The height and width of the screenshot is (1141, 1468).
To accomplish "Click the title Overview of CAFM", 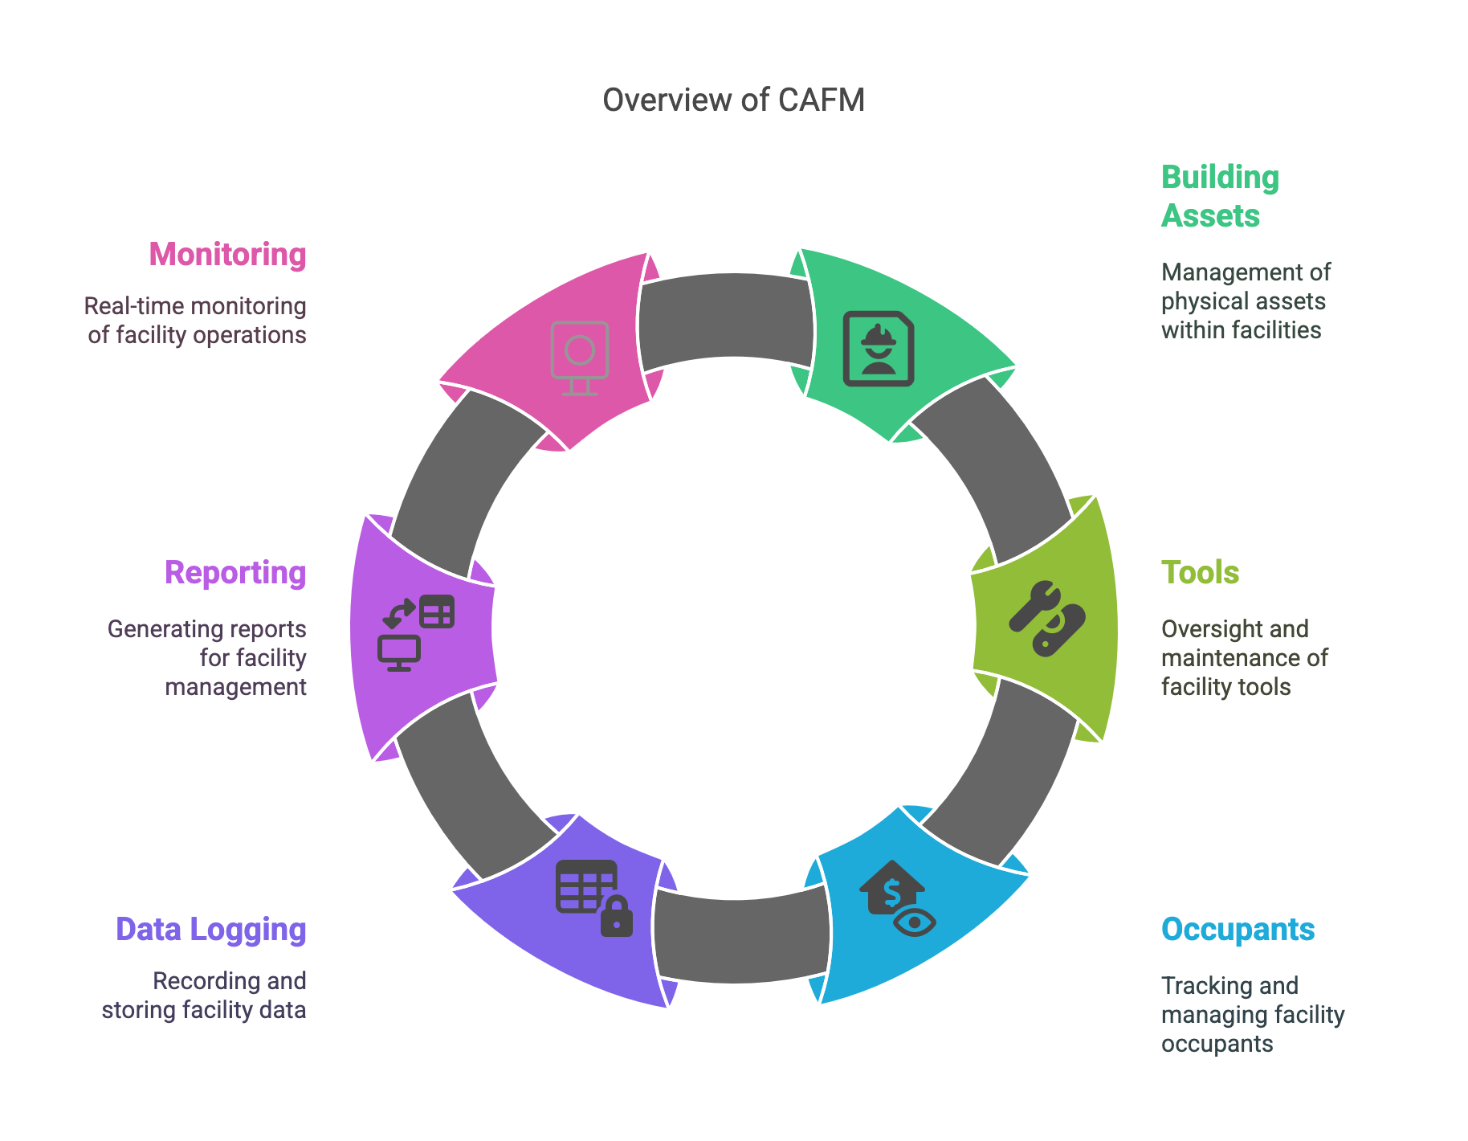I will (733, 100).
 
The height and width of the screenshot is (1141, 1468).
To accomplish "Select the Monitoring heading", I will (227, 255).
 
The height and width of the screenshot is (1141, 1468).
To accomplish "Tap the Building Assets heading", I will (1219, 196).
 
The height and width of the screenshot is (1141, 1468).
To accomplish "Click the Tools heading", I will (1200, 573).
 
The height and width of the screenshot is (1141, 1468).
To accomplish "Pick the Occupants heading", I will (1238, 930).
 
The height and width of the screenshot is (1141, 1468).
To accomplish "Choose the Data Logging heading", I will (211, 930).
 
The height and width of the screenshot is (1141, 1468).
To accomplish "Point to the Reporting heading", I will (235, 573).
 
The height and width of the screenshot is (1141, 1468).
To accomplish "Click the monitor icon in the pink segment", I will (580, 358).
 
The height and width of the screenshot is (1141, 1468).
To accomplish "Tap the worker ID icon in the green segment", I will (878, 349).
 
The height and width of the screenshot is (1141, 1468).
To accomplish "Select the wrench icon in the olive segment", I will (1033, 604).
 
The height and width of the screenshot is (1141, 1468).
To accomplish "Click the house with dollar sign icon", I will (891, 887).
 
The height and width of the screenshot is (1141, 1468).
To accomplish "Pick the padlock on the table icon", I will (617, 918).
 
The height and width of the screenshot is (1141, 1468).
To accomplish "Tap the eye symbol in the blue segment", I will (915, 922).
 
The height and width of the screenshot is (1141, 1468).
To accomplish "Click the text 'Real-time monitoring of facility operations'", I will (196, 321).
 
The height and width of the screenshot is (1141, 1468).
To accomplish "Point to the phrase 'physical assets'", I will (1242, 301).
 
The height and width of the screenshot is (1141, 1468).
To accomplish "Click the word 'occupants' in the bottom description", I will (1217, 1044).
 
